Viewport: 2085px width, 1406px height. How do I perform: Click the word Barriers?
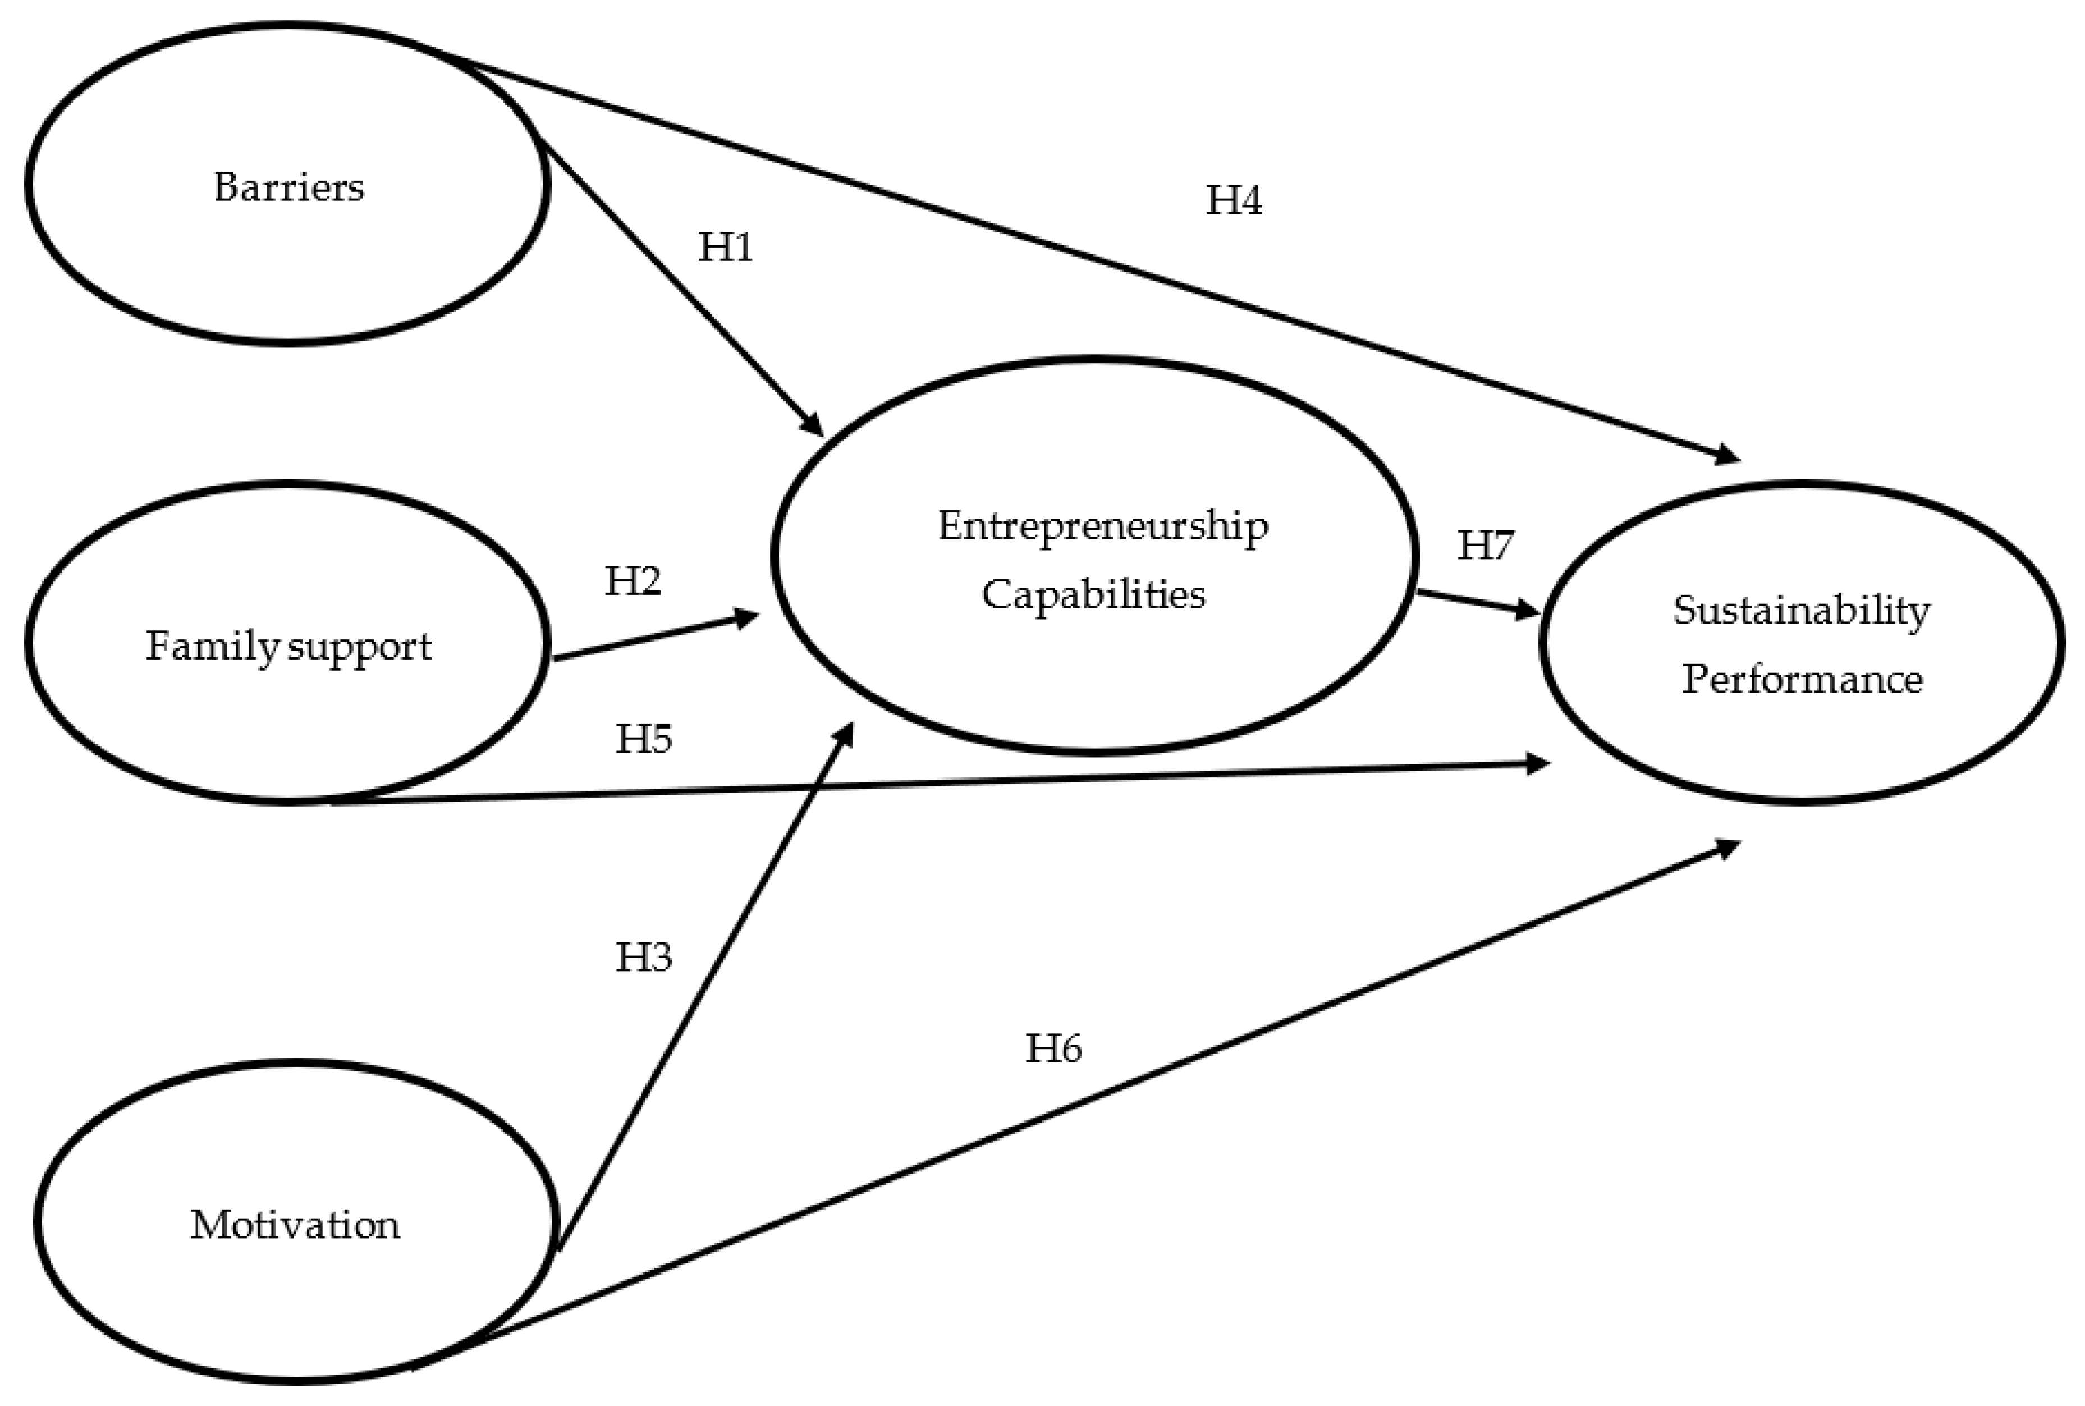[288, 187]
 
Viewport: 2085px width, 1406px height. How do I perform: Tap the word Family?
[213, 645]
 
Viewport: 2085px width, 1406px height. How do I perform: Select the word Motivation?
[295, 1224]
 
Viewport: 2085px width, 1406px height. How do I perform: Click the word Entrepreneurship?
[1103, 526]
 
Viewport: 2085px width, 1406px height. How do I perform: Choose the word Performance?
[1802, 679]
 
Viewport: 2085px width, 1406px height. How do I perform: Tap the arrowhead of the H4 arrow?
[1726, 456]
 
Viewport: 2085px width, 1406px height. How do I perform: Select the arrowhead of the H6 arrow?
[1726, 846]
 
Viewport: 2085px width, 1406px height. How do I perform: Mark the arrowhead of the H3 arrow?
[845, 734]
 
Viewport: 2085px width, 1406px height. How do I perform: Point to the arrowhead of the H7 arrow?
[1528, 612]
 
